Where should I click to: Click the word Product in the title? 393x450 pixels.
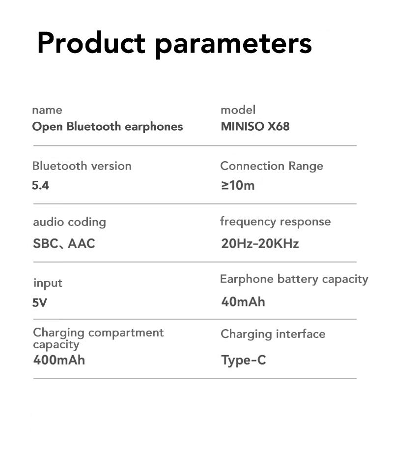pyautogui.click(x=91, y=43)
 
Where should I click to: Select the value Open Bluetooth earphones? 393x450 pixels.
pyautogui.click(x=107, y=127)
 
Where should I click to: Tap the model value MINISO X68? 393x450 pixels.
pyautogui.click(x=255, y=127)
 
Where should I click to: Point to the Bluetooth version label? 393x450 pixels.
pyautogui.click(x=82, y=166)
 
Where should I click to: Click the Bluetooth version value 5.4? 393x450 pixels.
pyautogui.click(x=40, y=186)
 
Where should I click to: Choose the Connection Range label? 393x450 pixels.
pyautogui.click(x=271, y=166)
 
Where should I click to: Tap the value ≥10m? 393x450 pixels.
pyautogui.click(x=238, y=186)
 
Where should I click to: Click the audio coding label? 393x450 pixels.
pyautogui.click(x=69, y=222)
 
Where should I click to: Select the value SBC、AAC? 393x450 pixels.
pyautogui.click(x=64, y=243)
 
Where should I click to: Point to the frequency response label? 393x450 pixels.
pyautogui.click(x=275, y=222)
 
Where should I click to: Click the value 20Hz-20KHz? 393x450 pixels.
pyautogui.click(x=260, y=243)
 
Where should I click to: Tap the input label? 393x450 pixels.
pyautogui.click(x=48, y=283)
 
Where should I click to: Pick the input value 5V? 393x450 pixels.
pyautogui.click(x=40, y=303)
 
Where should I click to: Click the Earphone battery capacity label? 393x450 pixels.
pyautogui.click(x=294, y=279)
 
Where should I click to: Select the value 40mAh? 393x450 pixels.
pyautogui.click(x=243, y=302)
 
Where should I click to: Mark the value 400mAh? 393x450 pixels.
pyautogui.click(x=59, y=360)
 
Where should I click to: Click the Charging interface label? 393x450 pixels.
pyautogui.click(x=273, y=334)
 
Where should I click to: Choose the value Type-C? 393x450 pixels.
pyautogui.click(x=243, y=360)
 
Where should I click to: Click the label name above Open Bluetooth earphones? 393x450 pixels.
pyautogui.click(x=47, y=110)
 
